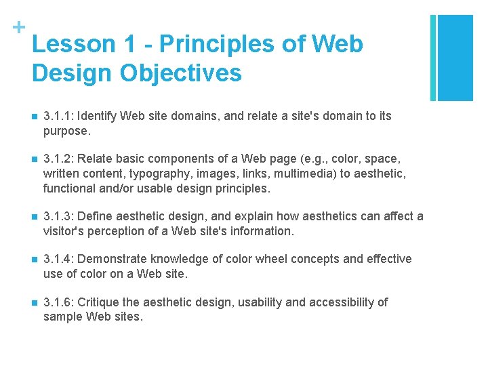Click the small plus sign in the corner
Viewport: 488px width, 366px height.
coord(19,27)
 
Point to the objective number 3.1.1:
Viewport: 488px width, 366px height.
coord(59,116)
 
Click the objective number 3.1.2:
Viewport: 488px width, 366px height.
coord(59,159)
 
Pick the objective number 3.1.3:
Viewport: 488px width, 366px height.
coord(59,216)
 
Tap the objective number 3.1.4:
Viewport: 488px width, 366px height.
coord(59,259)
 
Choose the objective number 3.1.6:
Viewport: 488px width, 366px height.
coord(59,302)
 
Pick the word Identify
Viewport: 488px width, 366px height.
coord(100,116)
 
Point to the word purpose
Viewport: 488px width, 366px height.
coord(65,130)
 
